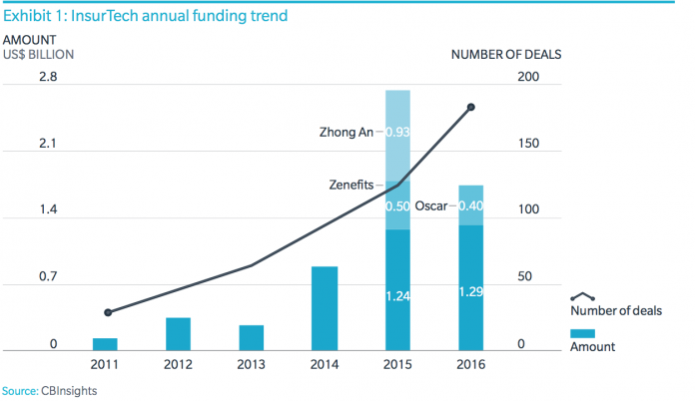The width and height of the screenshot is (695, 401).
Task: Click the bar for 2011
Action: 106,344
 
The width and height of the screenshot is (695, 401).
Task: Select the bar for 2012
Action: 179,334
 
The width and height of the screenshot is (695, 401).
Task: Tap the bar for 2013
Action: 252,338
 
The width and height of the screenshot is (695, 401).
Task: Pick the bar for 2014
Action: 325,308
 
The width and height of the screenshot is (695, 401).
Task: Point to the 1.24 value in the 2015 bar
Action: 398,295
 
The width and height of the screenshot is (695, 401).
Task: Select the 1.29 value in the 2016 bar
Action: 471,292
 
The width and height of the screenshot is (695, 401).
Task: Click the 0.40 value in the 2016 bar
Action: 471,206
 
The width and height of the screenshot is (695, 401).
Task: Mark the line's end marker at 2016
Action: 471,107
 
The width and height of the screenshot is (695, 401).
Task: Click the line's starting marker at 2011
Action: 107,312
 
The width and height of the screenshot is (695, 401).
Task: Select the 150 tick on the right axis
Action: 528,144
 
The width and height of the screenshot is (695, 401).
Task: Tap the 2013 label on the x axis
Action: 252,365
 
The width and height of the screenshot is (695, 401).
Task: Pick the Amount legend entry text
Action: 592,347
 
